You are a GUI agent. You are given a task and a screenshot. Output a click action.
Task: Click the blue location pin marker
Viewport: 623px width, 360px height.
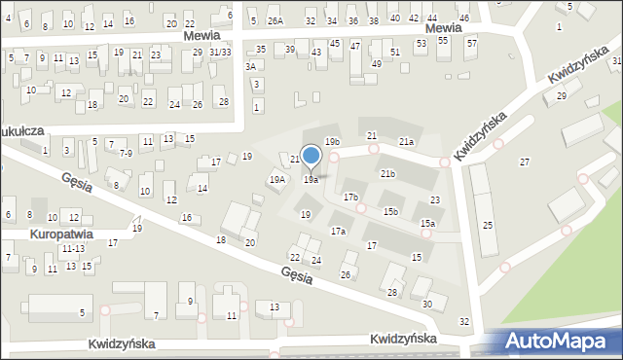[x=311, y=156]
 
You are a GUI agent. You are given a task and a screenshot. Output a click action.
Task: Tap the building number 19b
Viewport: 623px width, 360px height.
[x=332, y=143]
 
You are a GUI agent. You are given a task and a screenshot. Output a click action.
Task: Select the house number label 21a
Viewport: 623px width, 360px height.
[x=406, y=142]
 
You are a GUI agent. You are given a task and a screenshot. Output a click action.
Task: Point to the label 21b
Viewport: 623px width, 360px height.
[x=387, y=173]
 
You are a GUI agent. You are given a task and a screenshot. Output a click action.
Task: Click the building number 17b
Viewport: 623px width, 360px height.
[x=350, y=197]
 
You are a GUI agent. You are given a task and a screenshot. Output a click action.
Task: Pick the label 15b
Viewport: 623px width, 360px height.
[x=390, y=211]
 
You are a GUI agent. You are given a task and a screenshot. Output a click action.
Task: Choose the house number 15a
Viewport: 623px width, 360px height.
[x=427, y=224]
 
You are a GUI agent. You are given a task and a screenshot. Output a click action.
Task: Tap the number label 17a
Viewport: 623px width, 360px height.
[x=338, y=232]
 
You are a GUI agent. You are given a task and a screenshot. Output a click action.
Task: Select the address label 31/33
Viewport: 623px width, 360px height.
[x=220, y=53]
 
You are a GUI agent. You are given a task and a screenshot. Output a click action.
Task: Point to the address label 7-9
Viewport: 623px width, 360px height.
[x=126, y=154]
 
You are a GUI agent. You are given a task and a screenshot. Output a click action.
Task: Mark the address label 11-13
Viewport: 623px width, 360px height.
[x=73, y=249]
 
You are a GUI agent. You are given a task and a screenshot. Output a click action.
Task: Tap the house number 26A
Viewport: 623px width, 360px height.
[x=275, y=20]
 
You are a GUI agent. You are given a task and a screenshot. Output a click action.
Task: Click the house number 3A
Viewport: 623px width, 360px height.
[x=251, y=66]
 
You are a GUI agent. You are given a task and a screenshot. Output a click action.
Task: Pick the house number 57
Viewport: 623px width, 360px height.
[x=472, y=44]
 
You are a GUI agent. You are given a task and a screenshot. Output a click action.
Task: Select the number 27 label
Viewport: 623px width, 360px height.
[x=525, y=161]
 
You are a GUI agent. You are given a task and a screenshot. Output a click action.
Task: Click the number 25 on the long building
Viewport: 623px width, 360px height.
[x=488, y=226]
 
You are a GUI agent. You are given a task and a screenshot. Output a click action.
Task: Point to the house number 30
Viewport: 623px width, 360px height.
[x=427, y=305]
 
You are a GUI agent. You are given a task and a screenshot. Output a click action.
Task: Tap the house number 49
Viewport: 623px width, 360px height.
[x=377, y=64]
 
